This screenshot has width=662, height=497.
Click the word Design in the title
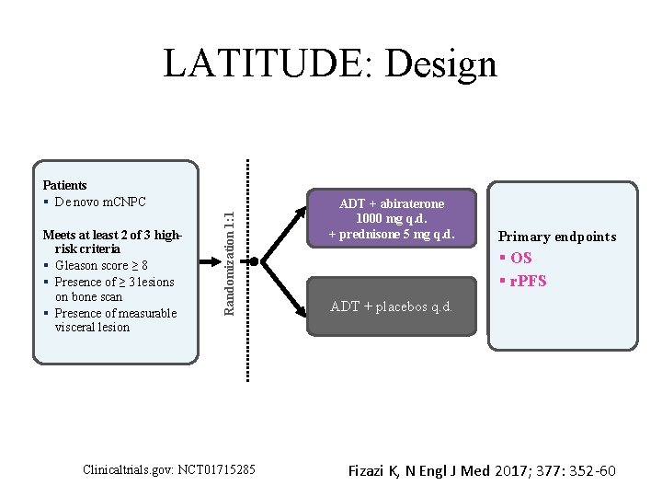(x=441, y=64)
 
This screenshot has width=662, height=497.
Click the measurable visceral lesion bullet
(x=114, y=319)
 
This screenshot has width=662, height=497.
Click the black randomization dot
(x=255, y=260)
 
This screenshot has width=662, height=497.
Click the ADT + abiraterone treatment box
(x=392, y=219)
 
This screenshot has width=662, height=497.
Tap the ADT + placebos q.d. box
(x=392, y=306)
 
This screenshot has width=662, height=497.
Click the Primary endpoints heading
(x=557, y=237)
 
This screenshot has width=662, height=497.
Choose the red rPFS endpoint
(x=525, y=280)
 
